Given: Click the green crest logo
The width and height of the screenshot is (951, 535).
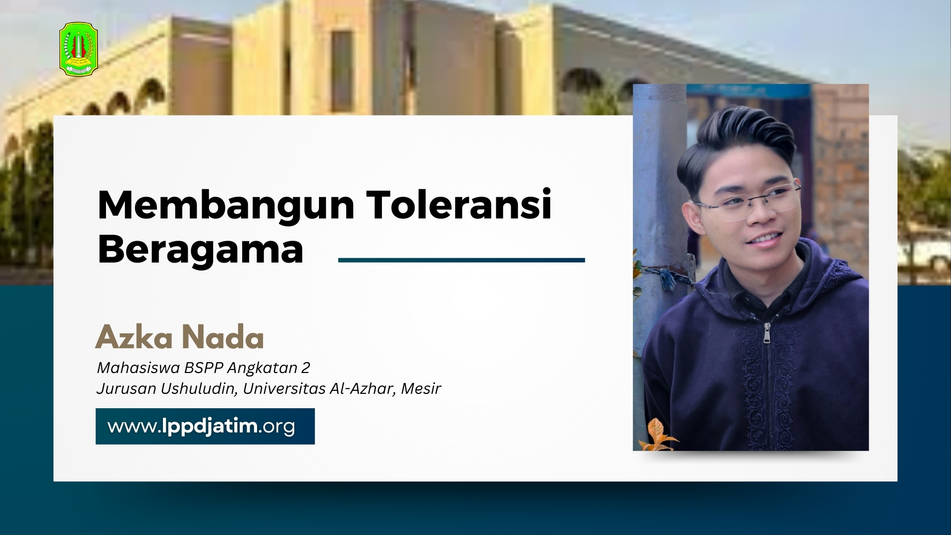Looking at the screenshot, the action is (79, 49).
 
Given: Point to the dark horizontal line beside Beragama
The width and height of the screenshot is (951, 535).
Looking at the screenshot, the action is (462, 260).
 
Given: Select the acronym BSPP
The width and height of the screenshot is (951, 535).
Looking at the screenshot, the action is (204, 368).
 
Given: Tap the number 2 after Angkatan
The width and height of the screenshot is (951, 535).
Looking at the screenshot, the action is (306, 368).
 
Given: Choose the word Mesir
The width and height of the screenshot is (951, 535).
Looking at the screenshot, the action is (421, 389).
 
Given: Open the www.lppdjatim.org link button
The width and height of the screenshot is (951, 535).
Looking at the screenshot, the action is (205, 426).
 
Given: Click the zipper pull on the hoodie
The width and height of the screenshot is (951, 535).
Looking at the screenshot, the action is (767, 333).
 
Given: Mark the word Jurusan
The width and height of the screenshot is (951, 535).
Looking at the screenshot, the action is (126, 389).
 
